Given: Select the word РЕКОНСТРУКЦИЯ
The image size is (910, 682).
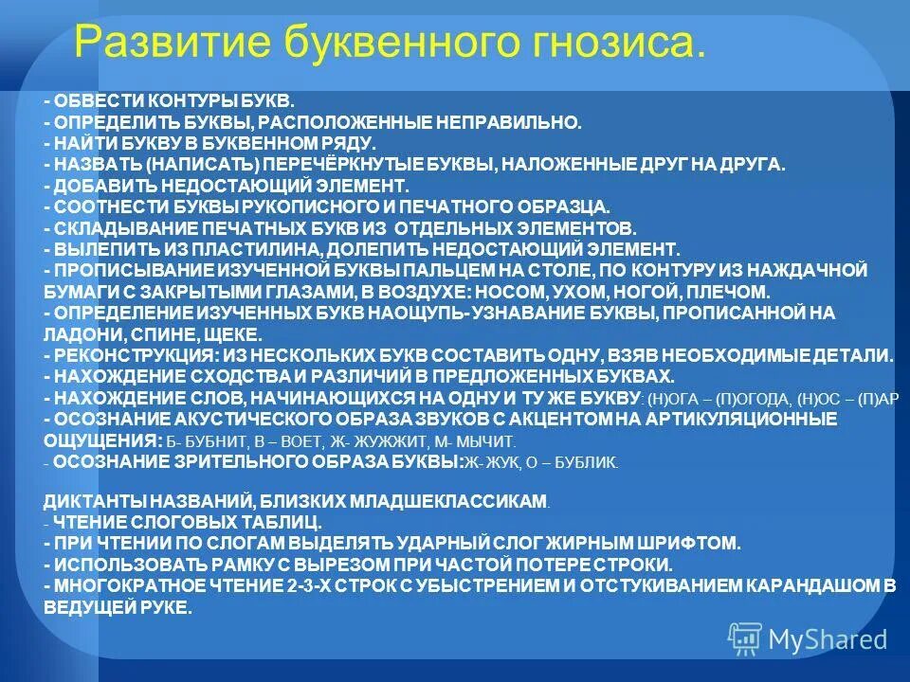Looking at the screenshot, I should click(x=132, y=356).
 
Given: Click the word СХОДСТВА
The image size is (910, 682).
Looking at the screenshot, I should click(x=211, y=376).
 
